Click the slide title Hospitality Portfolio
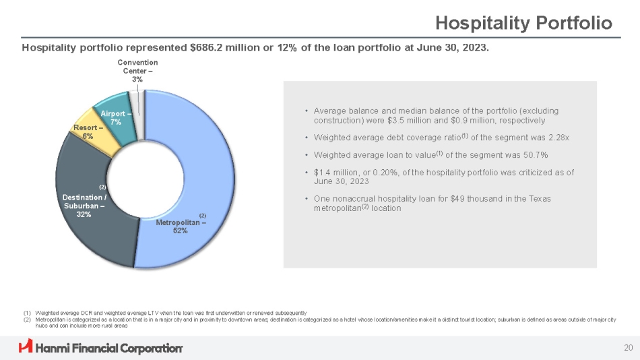(x=523, y=24)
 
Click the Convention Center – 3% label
(x=137, y=71)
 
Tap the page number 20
(x=628, y=347)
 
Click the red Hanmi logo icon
(x=26, y=347)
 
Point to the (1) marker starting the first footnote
(x=26, y=313)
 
